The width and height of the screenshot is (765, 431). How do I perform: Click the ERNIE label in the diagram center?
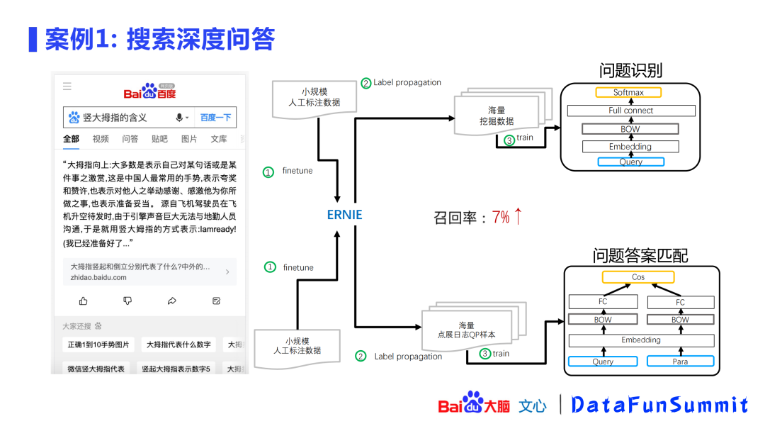click(344, 214)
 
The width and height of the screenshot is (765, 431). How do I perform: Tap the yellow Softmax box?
click(628, 93)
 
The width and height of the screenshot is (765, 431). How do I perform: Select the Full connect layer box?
click(630, 111)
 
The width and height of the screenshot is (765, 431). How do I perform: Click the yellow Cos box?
click(638, 277)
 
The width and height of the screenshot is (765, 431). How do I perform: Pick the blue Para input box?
click(680, 362)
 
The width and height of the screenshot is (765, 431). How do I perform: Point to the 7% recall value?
click(501, 217)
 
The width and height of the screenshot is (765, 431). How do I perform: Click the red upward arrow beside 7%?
click(518, 216)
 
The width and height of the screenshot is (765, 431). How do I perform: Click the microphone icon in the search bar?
click(180, 118)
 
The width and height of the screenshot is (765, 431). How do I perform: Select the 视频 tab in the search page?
click(101, 139)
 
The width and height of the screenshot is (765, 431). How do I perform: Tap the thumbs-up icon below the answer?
click(84, 301)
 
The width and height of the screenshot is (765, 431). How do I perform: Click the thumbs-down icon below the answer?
click(127, 301)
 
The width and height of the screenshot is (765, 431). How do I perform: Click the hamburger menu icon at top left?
click(67, 86)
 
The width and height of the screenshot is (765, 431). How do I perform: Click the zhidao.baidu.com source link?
click(98, 278)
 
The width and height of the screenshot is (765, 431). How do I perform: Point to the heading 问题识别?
click(630, 71)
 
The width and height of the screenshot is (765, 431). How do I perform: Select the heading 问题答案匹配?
click(640, 255)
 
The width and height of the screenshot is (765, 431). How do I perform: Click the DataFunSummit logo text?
click(659, 405)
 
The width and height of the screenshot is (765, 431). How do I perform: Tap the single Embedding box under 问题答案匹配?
click(641, 340)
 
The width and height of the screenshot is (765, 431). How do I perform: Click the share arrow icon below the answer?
click(172, 301)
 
